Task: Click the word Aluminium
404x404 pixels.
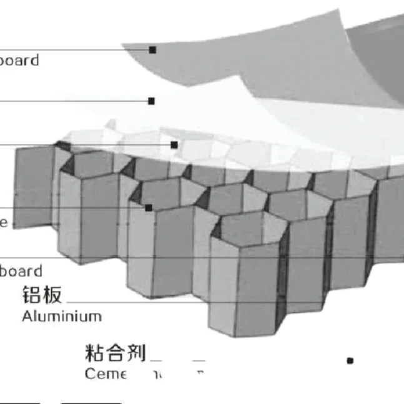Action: click(x=61, y=316)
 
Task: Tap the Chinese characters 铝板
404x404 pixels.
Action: click(x=42, y=294)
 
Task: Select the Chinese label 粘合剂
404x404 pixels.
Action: click(x=115, y=353)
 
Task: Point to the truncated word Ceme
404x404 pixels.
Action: click(x=105, y=373)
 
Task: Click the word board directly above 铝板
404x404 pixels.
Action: click(x=21, y=271)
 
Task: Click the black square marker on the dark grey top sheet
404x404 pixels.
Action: click(x=152, y=49)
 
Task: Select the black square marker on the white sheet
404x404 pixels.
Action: click(x=151, y=101)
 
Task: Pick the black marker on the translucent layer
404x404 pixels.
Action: click(x=174, y=145)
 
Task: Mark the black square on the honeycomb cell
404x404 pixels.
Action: click(x=149, y=207)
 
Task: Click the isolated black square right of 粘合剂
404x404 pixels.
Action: click(x=350, y=361)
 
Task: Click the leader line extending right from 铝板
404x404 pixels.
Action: click(x=156, y=303)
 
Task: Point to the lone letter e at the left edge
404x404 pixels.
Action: click(x=3, y=223)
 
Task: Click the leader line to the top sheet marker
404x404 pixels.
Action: click(x=75, y=50)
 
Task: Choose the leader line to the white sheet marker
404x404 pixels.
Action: click(x=75, y=101)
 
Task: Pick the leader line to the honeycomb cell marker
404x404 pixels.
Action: click(x=75, y=208)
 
